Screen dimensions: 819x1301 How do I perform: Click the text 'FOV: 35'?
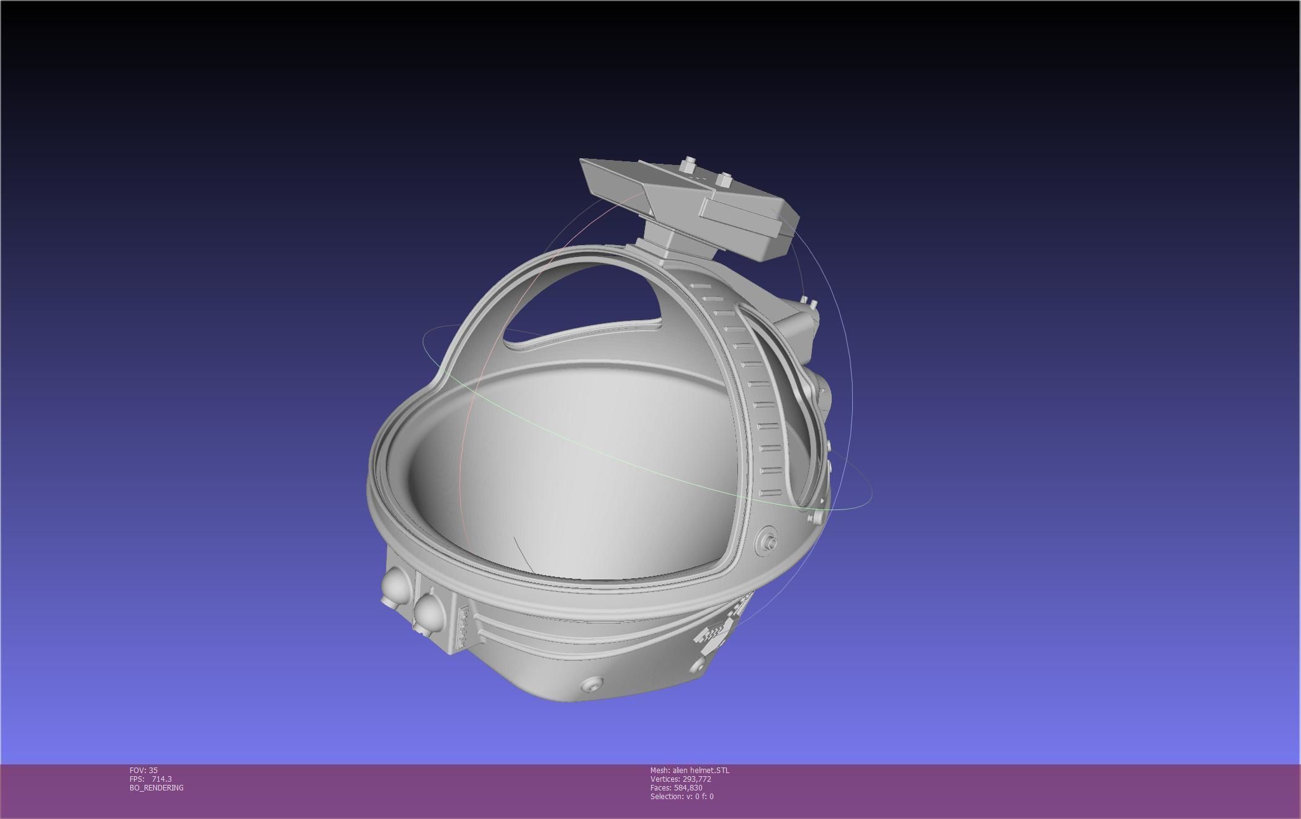(x=143, y=770)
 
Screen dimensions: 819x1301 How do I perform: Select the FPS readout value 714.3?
(x=162, y=779)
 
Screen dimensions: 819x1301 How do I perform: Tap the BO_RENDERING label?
(x=156, y=787)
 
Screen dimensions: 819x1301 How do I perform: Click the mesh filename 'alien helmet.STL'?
(x=701, y=770)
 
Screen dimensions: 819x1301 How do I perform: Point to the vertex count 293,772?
(x=696, y=779)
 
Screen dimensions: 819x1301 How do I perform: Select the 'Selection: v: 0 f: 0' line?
(x=682, y=796)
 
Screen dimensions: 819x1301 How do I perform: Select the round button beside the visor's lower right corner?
(x=768, y=542)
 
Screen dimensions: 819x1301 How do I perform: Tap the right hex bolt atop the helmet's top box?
(x=723, y=181)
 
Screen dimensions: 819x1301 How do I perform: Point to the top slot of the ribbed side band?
(x=701, y=286)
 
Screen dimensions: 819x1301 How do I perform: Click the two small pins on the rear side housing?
(x=808, y=302)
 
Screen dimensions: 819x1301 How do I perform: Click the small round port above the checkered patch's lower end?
(x=697, y=665)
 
